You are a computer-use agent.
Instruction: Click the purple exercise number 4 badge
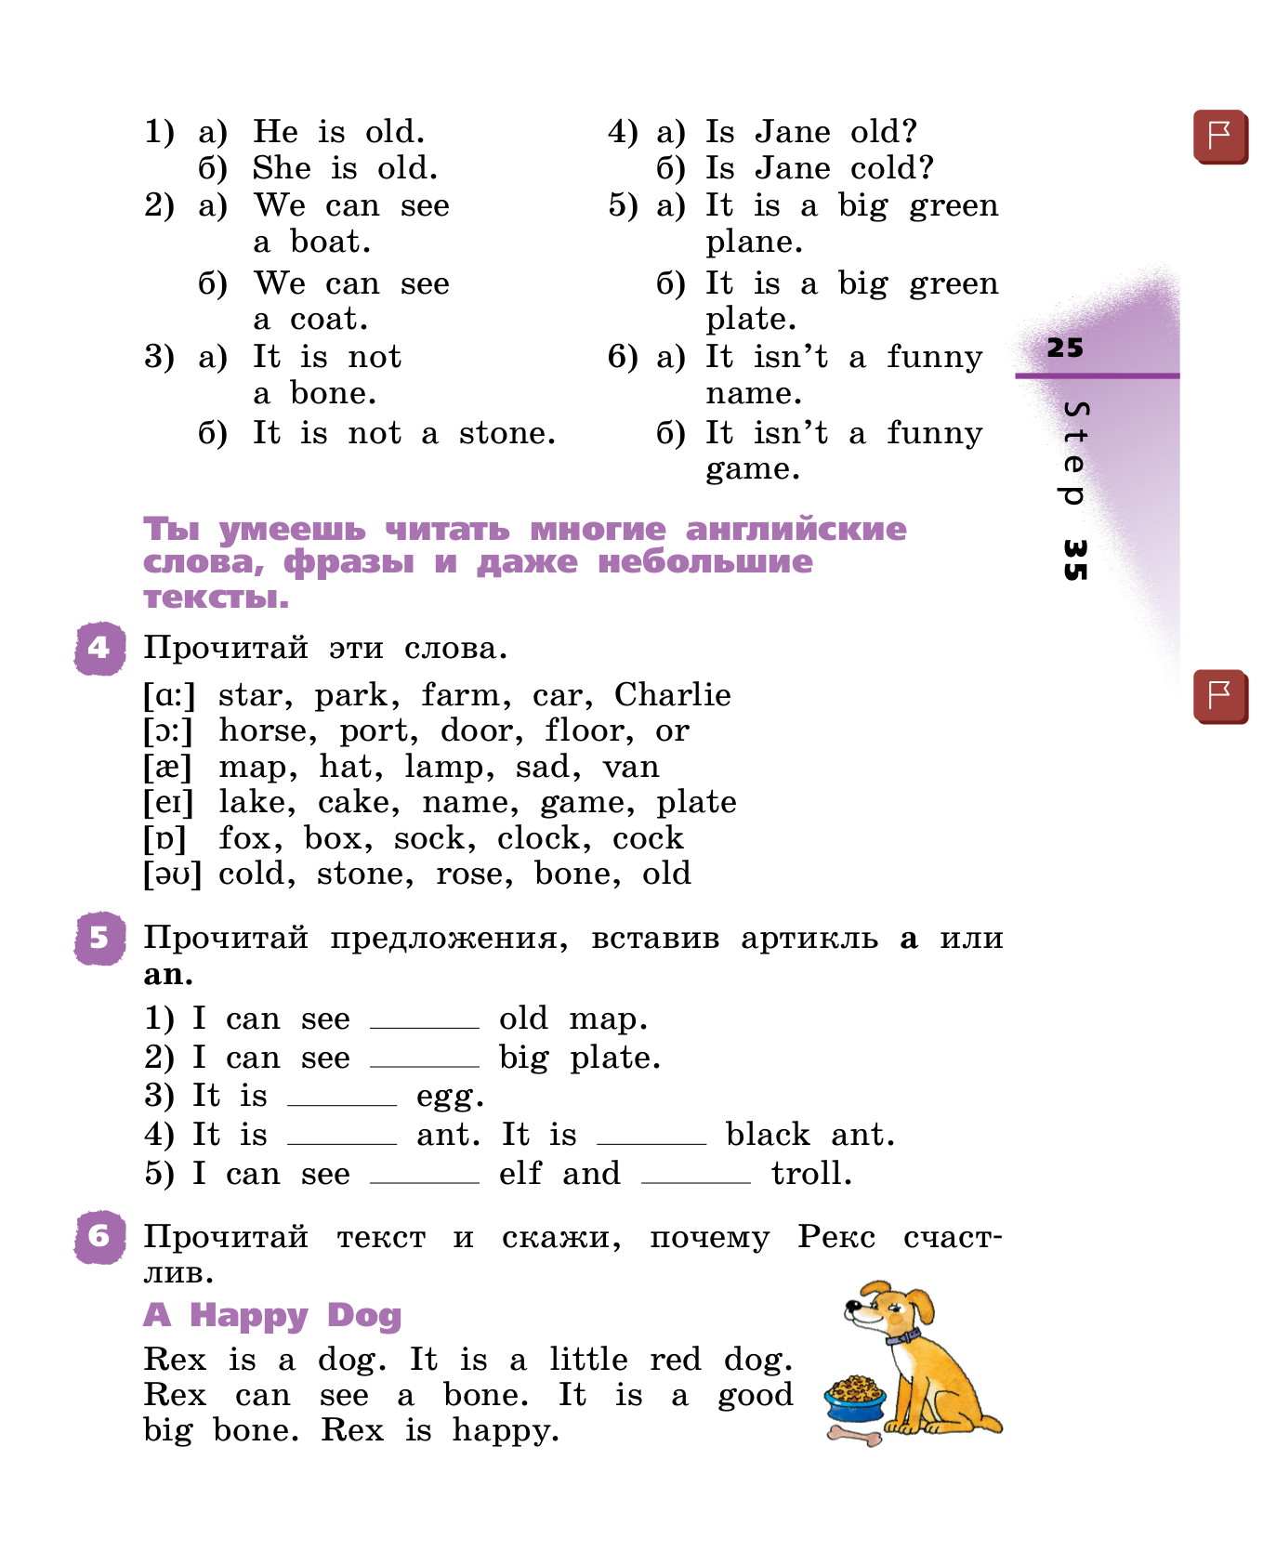99,648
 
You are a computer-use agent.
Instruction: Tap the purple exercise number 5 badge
99,938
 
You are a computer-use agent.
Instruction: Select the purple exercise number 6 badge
99,1237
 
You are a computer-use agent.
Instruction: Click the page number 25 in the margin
1065,349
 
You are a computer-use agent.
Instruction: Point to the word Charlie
672,695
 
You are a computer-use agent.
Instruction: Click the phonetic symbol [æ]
168,768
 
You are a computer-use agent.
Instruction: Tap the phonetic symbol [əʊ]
172,875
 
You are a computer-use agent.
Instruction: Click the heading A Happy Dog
272,1315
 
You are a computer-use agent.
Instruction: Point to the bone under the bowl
855,1437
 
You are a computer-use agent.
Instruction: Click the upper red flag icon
1220,137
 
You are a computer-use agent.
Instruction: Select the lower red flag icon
1220,695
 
